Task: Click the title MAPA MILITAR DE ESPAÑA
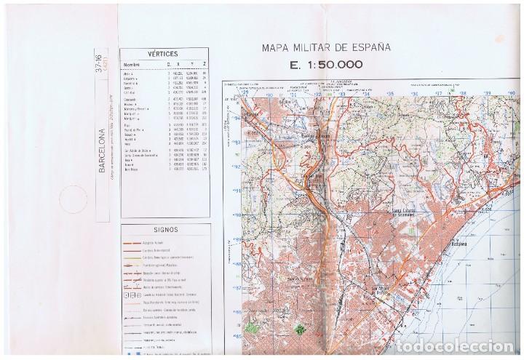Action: tap(327, 49)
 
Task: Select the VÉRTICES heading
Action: tap(162, 53)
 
